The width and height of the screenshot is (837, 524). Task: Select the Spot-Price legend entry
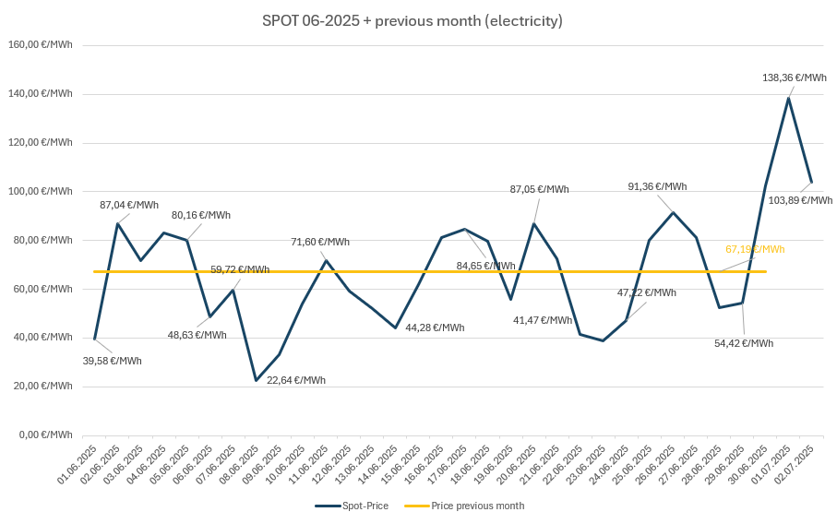tap(355, 506)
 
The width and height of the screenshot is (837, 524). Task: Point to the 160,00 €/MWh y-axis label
tap(41, 44)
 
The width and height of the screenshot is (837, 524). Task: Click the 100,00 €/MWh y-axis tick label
tap(41, 191)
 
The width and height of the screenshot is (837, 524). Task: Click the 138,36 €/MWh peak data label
tap(795, 78)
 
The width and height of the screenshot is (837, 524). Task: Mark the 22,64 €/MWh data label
tap(296, 380)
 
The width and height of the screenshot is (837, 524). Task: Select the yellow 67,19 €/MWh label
tap(755, 249)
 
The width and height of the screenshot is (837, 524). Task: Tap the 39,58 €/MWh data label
tap(113, 361)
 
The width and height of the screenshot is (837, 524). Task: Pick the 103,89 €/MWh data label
tap(800, 200)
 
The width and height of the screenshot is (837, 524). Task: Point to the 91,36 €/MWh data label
tap(657, 186)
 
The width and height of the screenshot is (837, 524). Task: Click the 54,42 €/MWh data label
tap(744, 343)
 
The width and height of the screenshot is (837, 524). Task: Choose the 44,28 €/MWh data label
tap(435, 327)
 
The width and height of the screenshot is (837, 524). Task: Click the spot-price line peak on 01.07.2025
tap(788, 98)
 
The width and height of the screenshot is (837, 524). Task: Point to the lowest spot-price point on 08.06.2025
tap(256, 380)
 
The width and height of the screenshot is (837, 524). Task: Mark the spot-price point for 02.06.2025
tap(117, 223)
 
